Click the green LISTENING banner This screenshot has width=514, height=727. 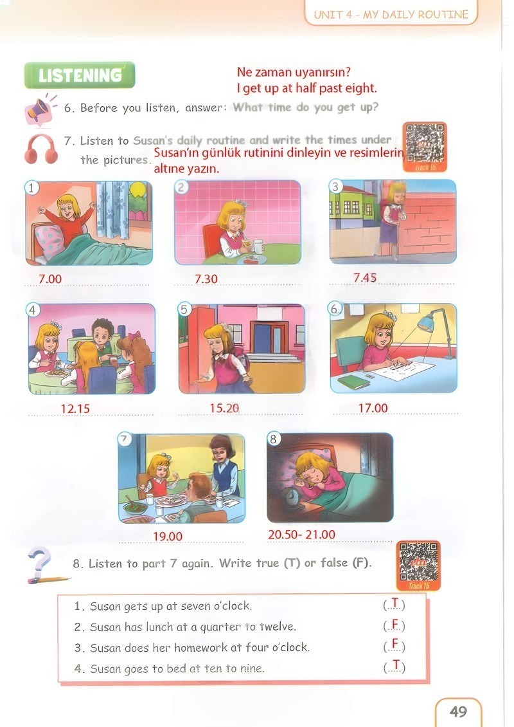pyautogui.click(x=80, y=75)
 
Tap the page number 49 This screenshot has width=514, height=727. pyautogui.click(x=459, y=711)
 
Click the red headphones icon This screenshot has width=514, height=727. pyautogui.click(x=41, y=149)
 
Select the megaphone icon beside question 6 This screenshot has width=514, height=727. pyautogui.click(x=40, y=111)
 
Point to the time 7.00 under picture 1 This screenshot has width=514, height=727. pyautogui.click(x=50, y=279)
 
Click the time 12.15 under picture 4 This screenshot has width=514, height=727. pyautogui.click(x=75, y=409)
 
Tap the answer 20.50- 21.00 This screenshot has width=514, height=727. pyautogui.click(x=301, y=535)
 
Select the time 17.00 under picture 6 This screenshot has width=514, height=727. pyautogui.click(x=373, y=408)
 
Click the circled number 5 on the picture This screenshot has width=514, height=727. pyautogui.click(x=184, y=309)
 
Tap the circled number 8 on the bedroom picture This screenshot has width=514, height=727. pyautogui.click(x=273, y=439)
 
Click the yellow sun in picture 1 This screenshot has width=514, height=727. pyautogui.click(x=137, y=189)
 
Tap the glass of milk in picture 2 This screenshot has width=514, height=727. pyautogui.click(x=258, y=246)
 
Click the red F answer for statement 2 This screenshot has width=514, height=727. pyautogui.click(x=395, y=625)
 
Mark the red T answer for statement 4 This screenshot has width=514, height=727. pyautogui.click(x=395, y=667)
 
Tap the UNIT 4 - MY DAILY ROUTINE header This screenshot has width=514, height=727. pyautogui.click(x=391, y=14)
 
